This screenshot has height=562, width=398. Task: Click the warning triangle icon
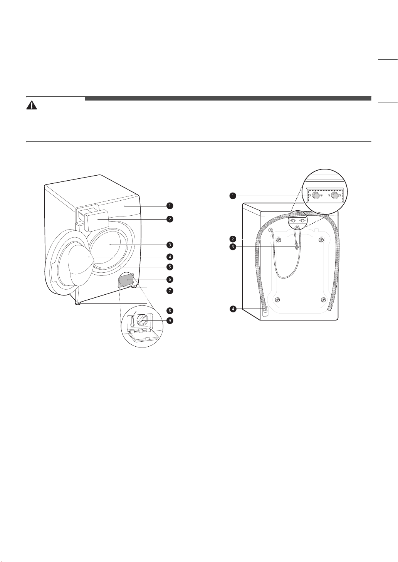click(32, 105)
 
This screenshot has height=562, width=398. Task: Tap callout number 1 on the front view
click(170, 206)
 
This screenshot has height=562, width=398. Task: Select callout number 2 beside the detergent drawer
click(170, 219)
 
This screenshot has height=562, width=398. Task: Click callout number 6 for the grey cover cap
click(170, 279)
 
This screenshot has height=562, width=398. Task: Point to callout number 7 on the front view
click(170, 291)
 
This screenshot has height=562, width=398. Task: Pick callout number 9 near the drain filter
click(170, 320)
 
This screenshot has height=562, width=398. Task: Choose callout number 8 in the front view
click(170, 310)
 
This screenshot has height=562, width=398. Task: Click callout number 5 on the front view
click(170, 267)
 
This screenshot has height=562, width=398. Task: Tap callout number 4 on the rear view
click(233, 309)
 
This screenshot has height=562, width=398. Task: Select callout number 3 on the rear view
click(233, 247)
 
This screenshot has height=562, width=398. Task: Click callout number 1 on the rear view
click(233, 196)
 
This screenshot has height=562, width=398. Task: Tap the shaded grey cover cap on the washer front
click(127, 280)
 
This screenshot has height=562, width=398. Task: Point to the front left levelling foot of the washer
click(78, 304)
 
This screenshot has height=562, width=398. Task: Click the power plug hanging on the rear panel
click(297, 247)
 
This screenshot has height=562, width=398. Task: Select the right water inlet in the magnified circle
click(334, 195)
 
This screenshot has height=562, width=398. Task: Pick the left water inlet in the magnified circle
click(316, 195)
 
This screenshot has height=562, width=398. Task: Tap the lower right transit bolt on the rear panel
click(324, 300)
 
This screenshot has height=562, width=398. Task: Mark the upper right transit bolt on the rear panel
click(321, 240)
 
